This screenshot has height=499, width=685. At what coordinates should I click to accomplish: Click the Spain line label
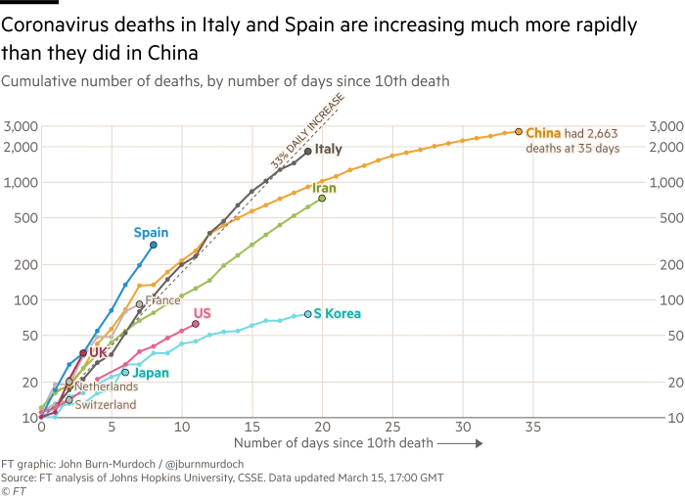(x=151, y=233)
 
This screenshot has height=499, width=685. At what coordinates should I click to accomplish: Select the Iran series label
(x=325, y=187)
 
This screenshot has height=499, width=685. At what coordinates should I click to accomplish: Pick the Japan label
(x=151, y=373)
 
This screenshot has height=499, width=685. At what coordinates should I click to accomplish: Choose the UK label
(x=98, y=351)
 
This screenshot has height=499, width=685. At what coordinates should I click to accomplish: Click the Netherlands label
(x=106, y=387)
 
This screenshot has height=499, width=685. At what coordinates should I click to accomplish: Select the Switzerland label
(x=105, y=404)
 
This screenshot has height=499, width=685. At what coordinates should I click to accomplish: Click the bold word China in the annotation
(x=542, y=132)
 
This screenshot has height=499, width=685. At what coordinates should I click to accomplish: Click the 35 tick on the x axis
(x=532, y=428)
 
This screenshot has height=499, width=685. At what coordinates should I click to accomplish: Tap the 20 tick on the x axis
(x=321, y=428)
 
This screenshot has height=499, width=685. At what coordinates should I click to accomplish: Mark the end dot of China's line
(x=519, y=132)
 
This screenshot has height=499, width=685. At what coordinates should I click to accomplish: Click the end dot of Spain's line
(x=153, y=245)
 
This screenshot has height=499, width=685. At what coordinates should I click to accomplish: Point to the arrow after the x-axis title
(x=461, y=443)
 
